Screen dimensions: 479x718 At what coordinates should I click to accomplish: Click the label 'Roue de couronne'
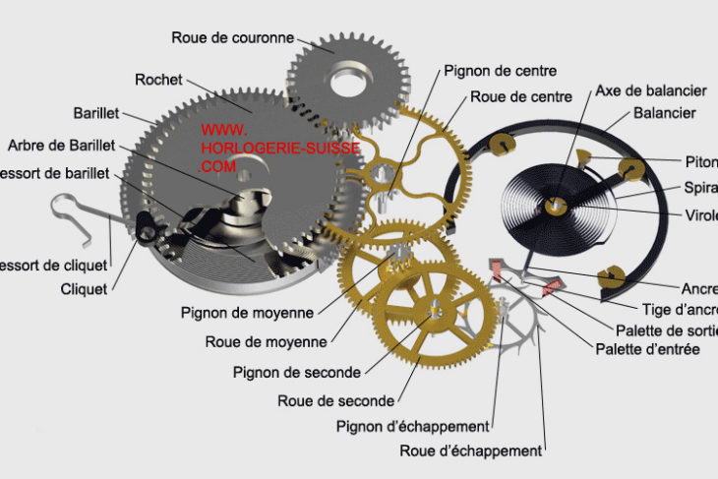pyautogui.click(x=233, y=38)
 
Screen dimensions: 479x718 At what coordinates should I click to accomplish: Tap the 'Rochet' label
pyautogui.click(x=158, y=80)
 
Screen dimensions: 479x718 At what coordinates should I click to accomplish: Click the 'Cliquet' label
pyautogui.click(x=85, y=288)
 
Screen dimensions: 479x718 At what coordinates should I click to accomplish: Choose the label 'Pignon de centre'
pyautogui.click(x=500, y=71)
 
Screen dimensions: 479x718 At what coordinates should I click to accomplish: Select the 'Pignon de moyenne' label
pyautogui.click(x=247, y=313)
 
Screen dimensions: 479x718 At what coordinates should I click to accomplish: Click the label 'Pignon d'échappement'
pyautogui.click(x=412, y=426)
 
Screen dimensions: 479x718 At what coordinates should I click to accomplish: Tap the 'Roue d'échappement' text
pyautogui.click(x=470, y=451)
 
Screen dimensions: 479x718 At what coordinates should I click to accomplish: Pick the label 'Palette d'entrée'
pyautogui.click(x=647, y=350)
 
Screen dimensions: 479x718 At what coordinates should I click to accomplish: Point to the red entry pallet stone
pyautogui.click(x=498, y=267)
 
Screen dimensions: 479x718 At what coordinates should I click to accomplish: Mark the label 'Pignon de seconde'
pyautogui.click(x=297, y=372)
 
